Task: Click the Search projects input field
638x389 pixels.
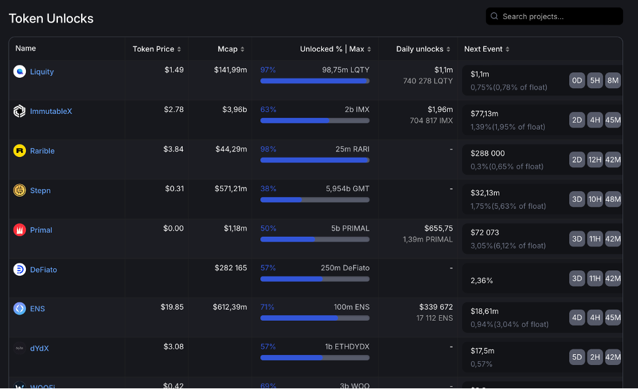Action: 559,16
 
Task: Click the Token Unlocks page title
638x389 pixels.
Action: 51,18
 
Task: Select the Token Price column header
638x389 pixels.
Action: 153,49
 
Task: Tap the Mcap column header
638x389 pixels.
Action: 228,49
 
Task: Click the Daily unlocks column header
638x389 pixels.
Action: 420,49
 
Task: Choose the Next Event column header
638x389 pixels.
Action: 483,49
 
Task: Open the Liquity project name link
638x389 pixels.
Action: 42,72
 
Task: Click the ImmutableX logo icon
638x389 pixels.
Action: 20,111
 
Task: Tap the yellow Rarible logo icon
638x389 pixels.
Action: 20,151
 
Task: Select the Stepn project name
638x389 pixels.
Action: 40,190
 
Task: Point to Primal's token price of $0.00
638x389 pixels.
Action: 174,229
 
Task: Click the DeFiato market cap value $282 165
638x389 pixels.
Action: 230,268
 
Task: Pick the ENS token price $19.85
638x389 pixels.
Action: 172,307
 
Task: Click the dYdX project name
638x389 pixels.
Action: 40,348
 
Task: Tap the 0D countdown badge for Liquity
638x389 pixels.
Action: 577,81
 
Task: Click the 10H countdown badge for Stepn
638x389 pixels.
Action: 595,199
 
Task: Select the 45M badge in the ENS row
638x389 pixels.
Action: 613,317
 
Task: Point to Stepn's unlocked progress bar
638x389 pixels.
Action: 315,200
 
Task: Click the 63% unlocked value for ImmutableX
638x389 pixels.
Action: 268,110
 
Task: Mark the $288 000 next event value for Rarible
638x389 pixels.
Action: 487,154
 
